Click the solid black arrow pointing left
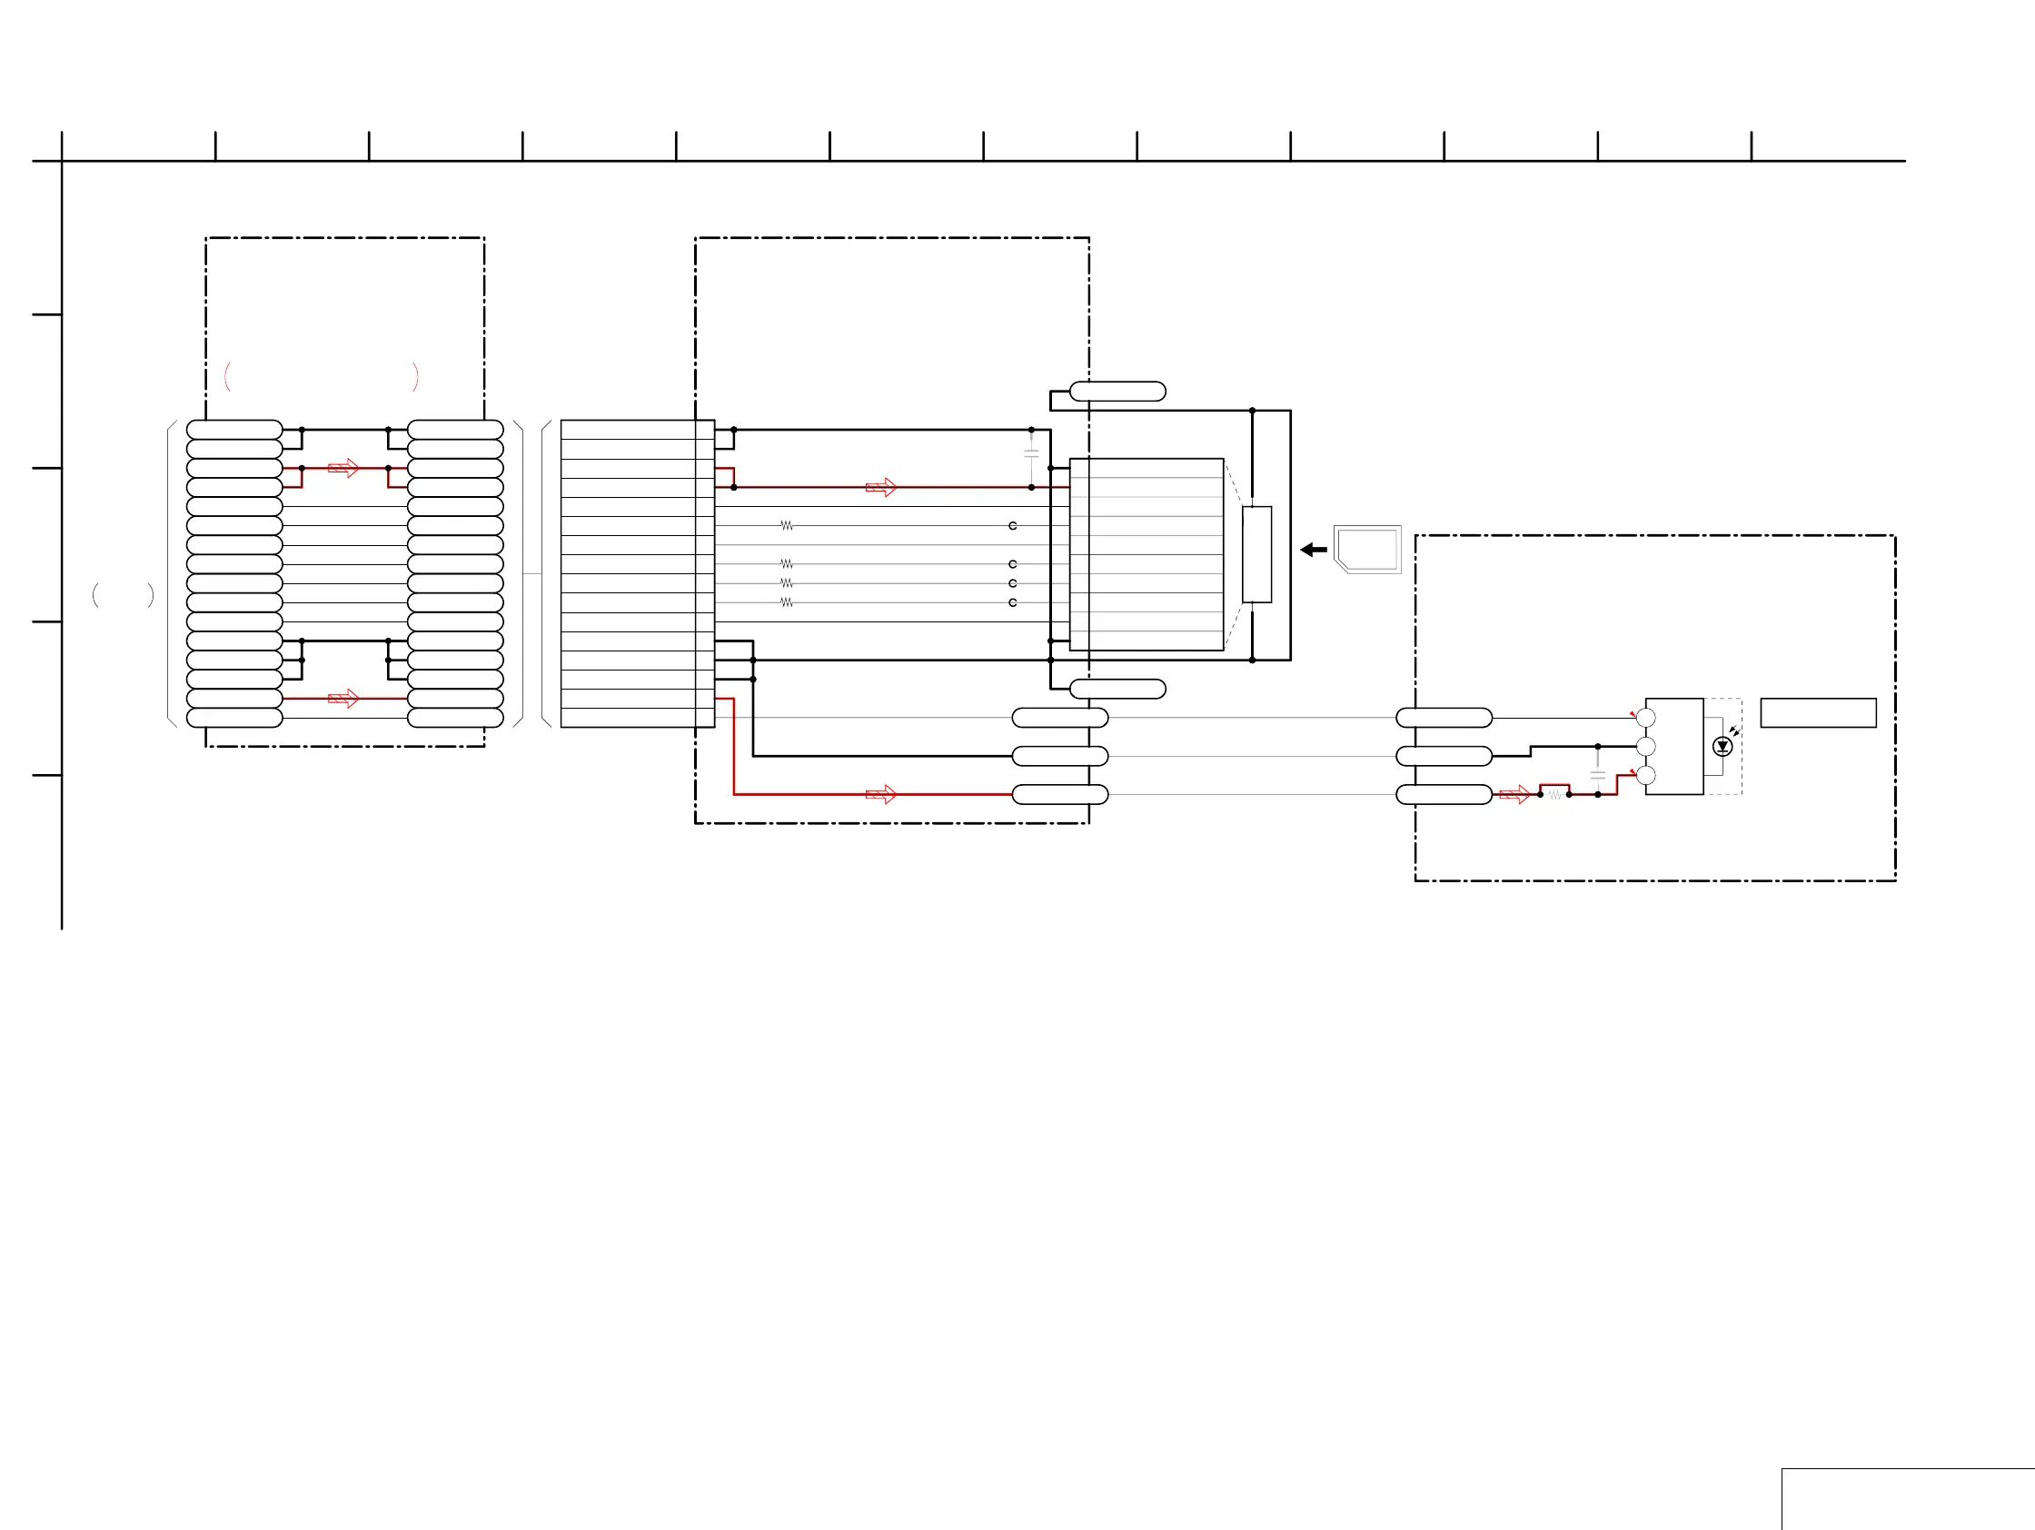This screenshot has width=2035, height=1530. click(1313, 551)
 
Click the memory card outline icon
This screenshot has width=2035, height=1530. click(1367, 550)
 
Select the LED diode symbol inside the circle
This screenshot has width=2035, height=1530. click(1723, 746)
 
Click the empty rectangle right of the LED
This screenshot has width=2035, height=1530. click(1818, 713)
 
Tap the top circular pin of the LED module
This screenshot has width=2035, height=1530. click(1646, 718)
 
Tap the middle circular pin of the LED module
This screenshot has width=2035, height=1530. click(1646, 746)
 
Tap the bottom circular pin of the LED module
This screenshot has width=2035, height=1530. click(1646, 776)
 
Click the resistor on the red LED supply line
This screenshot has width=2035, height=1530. click(1554, 794)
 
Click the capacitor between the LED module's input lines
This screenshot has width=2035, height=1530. click(1598, 775)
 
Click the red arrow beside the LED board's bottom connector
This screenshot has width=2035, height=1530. click(1514, 794)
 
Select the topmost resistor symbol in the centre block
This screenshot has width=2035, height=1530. click(787, 525)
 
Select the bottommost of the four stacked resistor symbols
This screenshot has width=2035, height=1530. click(787, 602)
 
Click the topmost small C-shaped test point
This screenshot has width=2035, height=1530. click(1013, 525)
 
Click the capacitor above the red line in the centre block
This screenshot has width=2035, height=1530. click(1031, 452)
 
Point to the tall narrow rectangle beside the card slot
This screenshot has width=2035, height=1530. click(1256, 554)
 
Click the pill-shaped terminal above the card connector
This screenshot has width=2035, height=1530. click(1117, 392)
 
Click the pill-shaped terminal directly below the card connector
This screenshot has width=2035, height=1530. click(1117, 689)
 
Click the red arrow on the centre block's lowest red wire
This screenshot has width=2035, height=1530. click(881, 794)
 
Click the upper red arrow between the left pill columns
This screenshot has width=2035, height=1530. click(343, 468)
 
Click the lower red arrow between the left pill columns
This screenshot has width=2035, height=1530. click(343, 700)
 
